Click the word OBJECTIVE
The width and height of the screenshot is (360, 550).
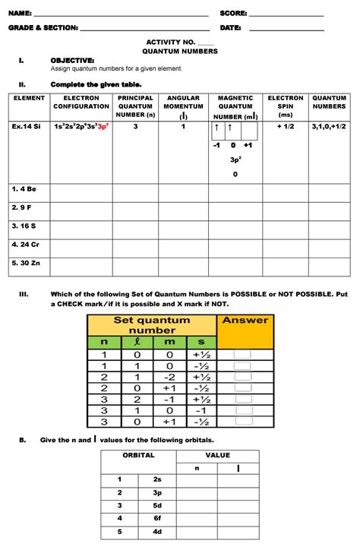tap(72, 60)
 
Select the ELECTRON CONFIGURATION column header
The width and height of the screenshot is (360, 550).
tap(81, 102)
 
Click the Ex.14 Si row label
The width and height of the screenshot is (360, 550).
tap(27, 127)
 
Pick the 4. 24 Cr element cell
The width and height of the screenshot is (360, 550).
tap(25, 245)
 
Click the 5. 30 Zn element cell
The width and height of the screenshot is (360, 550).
tap(25, 265)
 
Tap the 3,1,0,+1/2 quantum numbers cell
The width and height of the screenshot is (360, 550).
tap(329, 127)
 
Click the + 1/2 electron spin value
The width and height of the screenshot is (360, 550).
tap(285, 127)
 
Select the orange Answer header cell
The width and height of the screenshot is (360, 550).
tap(245, 320)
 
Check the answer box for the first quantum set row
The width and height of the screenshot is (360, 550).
tap(242, 354)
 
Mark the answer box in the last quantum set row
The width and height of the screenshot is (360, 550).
tap(242, 422)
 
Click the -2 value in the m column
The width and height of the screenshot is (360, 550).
tap(169, 377)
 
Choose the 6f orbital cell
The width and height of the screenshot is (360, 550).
tap(157, 517)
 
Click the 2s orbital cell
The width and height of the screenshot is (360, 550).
tap(157, 479)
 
